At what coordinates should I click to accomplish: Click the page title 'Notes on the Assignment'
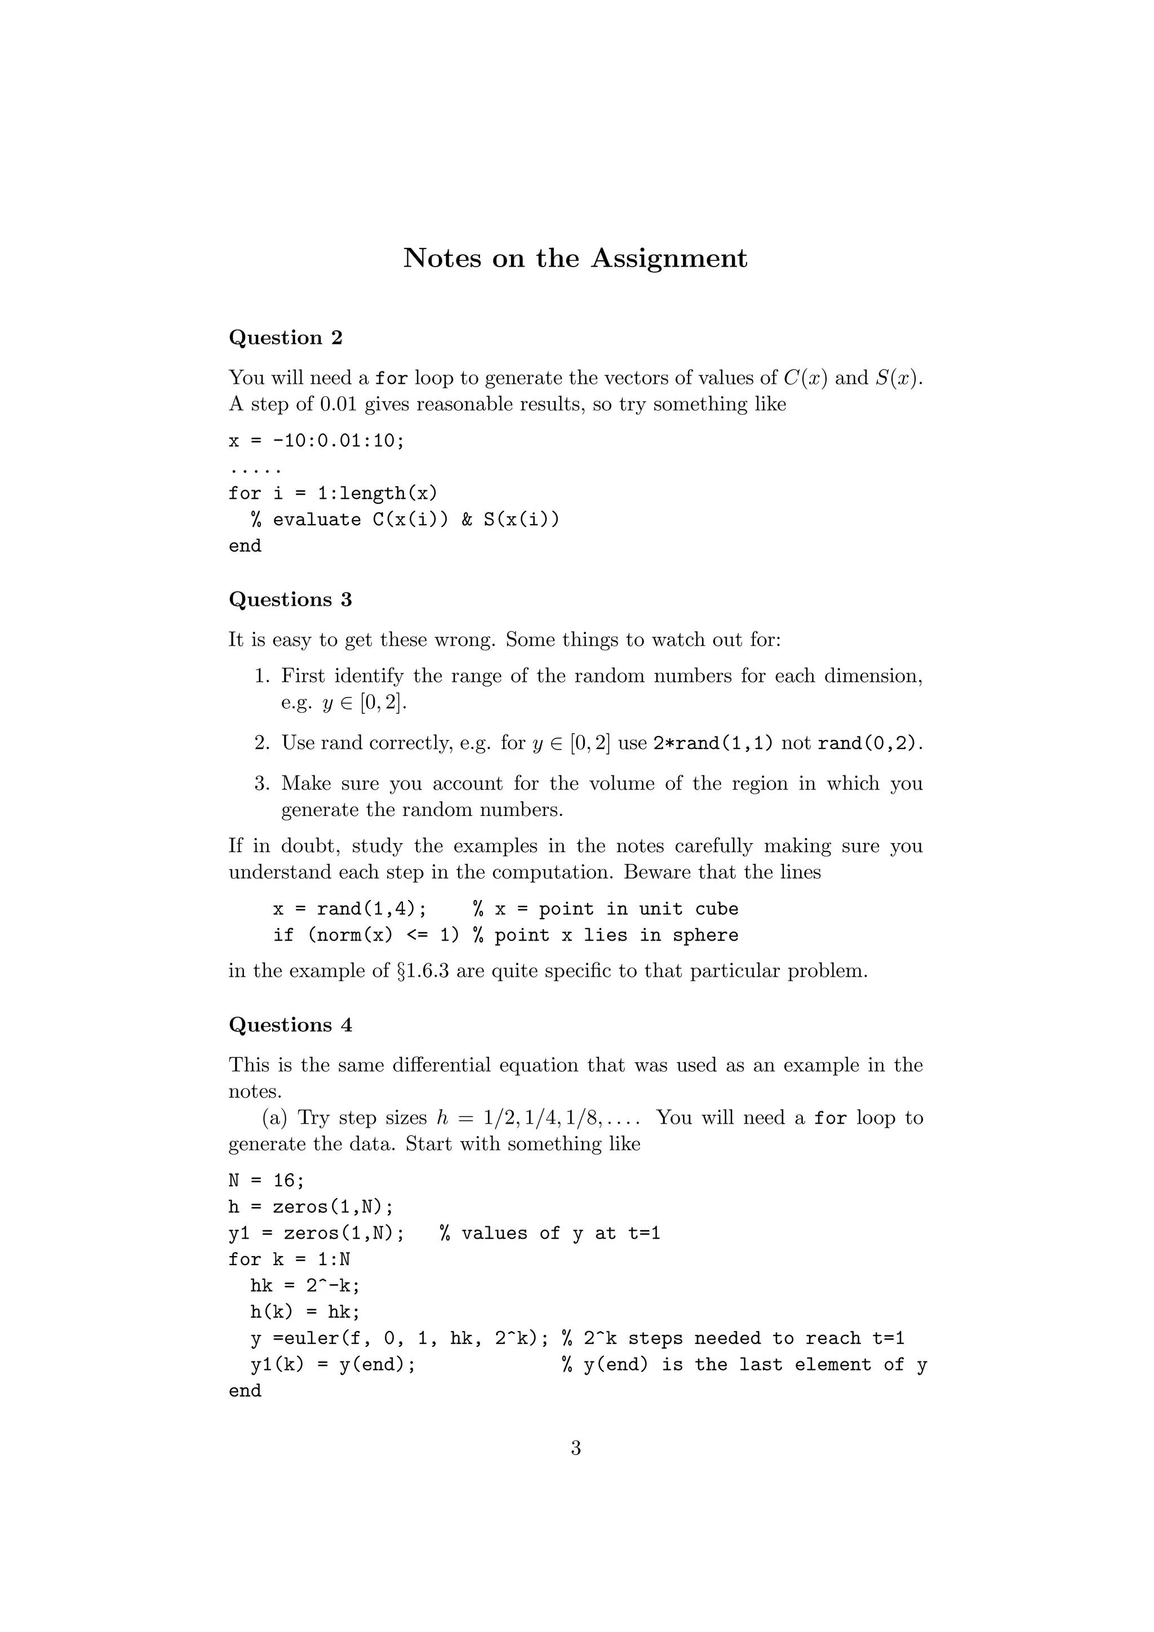pos(575,258)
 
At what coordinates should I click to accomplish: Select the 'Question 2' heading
pos(286,338)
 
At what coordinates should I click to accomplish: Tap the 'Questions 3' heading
pos(290,600)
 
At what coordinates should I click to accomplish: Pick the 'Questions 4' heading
pos(290,1025)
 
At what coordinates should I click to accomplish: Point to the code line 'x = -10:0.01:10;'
pos(316,441)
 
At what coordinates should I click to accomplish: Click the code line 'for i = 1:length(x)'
pos(332,493)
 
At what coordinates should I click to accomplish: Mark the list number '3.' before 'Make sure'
pos(262,784)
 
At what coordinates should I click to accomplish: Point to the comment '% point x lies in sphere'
pos(605,935)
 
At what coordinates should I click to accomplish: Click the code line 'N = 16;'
pos(267,1181)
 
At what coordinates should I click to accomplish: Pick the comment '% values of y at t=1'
pos(550,1233)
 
